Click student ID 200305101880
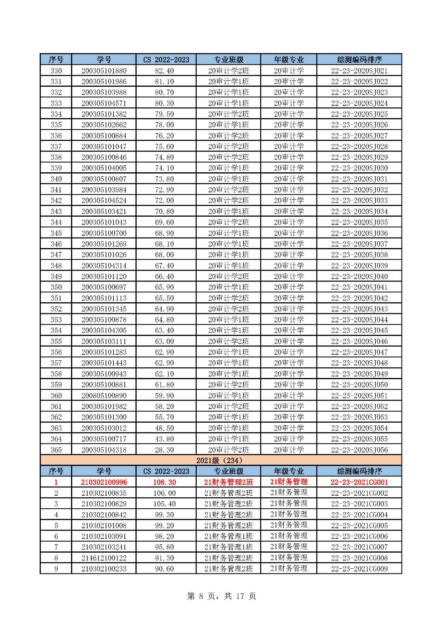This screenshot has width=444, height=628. (104, 71)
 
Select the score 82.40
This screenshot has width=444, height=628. (164, 71)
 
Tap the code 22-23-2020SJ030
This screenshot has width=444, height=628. (359, 168)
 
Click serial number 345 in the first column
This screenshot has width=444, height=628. (56, 233)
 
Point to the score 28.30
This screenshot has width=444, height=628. (164, 450)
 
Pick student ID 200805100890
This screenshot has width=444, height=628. (104, 396)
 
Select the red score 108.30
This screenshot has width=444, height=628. (164, 482)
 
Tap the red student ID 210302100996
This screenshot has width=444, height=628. (104, 482)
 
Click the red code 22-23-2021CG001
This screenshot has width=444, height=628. (359, 482)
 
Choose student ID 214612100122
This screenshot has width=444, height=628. (104, 558)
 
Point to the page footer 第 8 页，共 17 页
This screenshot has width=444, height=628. (221, 596)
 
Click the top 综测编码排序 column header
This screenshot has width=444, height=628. (359, 60)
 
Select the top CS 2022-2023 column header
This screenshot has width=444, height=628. (166, 60)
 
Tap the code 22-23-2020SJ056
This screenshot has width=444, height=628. (359, 450)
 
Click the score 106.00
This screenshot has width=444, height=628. (164, 493)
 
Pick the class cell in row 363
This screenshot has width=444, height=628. (228, 428)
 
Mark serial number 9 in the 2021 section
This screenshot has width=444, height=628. (56, 569)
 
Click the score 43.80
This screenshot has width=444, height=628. (164, 439)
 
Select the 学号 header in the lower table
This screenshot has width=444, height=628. (104, 471)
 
